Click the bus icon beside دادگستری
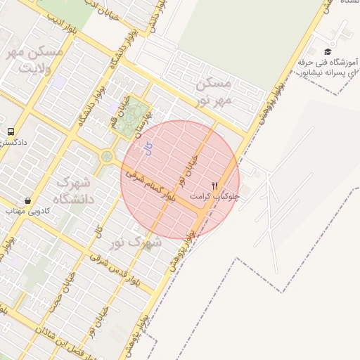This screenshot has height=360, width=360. click(11, 131)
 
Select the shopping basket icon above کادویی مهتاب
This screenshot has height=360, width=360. click(27, 200)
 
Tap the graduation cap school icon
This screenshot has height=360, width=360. click(327, 51)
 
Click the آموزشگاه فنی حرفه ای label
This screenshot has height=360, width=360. click(329, 67)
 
